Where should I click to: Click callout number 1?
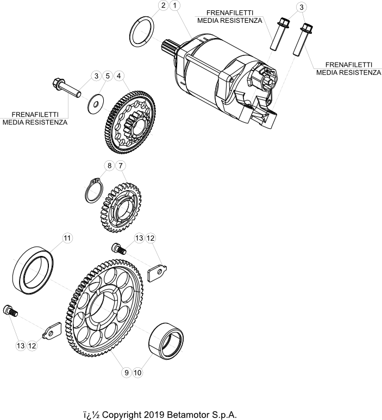175,5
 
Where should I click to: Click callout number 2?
164,5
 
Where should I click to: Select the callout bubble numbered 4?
119,76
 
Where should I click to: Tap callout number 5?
108,76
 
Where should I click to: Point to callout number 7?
121,166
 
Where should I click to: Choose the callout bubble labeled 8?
109,166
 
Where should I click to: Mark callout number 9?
126,373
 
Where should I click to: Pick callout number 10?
137,373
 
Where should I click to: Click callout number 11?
67,238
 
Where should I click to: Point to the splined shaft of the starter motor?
168,47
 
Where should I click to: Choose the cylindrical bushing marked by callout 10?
166,341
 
